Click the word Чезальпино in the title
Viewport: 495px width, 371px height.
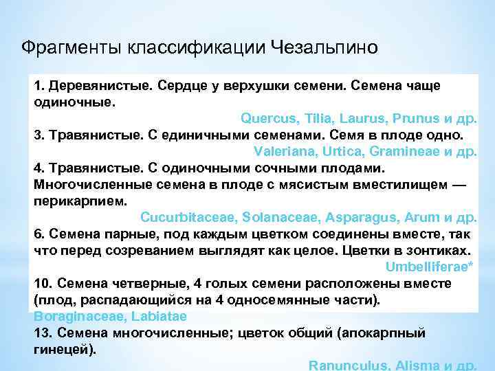[x=324, y=47]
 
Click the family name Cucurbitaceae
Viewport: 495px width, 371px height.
[x=186, y=217]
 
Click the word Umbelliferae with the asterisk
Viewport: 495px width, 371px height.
[x=431, y=267]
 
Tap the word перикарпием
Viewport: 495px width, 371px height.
[x=80, y=201]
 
